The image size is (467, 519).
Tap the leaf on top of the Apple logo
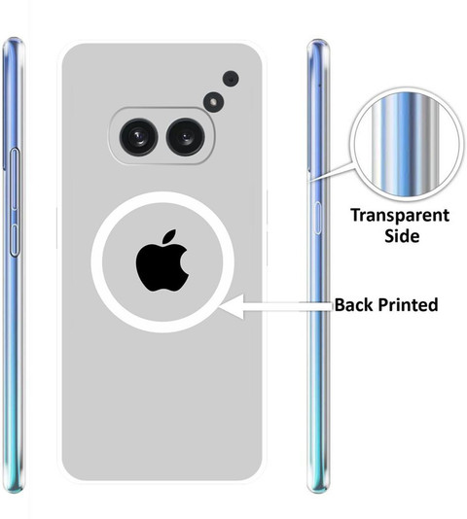169,236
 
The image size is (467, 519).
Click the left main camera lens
138,137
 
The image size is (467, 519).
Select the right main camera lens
186,137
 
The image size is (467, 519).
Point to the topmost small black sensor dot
231,79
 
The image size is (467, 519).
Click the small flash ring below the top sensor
213,102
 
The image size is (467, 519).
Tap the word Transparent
400,216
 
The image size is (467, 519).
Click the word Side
402,235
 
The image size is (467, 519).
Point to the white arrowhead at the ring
232,307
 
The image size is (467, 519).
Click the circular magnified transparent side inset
407,145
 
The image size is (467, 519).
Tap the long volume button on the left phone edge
15,179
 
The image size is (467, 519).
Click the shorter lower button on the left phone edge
15,240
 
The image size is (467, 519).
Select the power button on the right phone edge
317,218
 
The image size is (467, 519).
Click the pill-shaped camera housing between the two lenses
162,136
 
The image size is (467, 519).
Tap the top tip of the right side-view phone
318,40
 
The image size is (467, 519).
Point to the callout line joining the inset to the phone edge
331,172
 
